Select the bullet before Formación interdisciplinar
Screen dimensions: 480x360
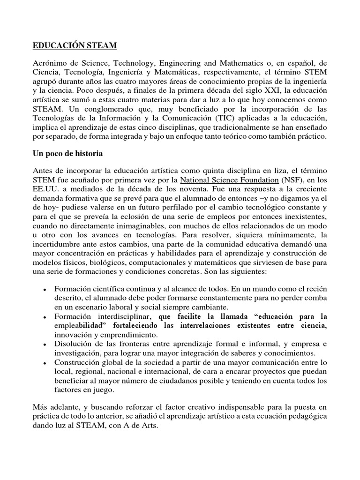(44, 317)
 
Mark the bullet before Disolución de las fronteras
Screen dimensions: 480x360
(44, 345)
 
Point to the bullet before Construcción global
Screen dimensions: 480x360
(44, 363)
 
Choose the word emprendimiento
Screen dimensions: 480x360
(128, 335)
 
